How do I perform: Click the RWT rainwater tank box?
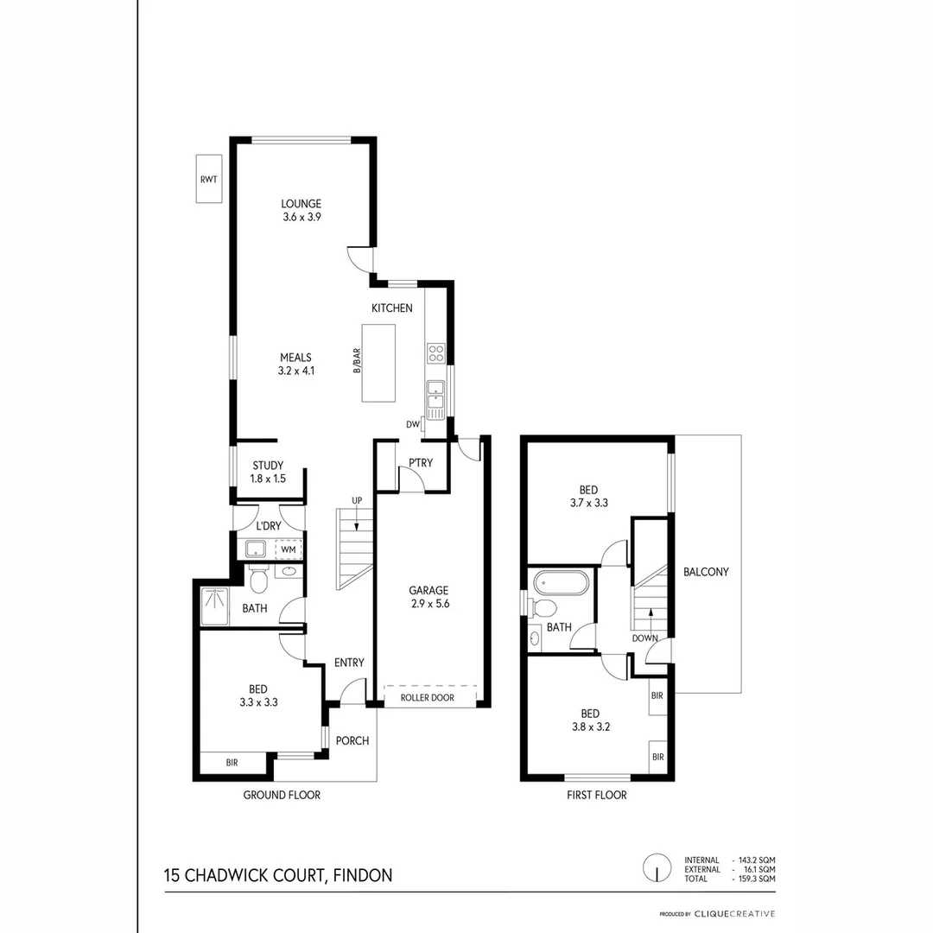208,179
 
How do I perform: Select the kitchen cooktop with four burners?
436,353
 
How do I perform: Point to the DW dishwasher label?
413,424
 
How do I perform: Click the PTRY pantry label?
421,463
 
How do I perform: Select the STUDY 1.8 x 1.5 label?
268,472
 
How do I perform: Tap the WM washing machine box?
288,549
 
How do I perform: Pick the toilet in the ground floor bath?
258,579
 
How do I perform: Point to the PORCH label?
352,740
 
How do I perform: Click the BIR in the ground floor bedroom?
232,763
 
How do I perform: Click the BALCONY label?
706,572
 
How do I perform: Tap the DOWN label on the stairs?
645,638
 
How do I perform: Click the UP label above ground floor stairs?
356,501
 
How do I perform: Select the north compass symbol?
657,868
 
